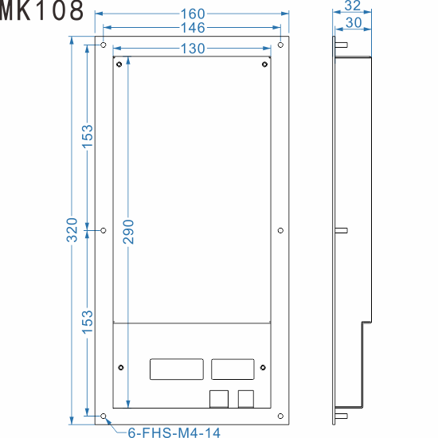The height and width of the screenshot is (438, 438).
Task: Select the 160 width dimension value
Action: coord(192,14)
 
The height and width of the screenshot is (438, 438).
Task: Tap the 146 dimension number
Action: coord(192,28)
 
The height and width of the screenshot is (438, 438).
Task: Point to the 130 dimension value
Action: coord(192,49)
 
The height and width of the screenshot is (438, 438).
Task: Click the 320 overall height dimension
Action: coord(72,230)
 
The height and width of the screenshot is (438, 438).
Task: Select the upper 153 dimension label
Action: coord(88,136)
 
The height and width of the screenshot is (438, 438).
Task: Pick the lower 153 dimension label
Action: coord(88,322)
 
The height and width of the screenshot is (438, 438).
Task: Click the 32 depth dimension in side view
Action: coord(352,6)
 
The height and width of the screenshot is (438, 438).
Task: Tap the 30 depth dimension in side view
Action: coord(354,23)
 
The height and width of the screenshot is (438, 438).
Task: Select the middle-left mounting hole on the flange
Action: coord(104,230)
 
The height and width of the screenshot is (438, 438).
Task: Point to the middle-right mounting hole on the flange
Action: coord(281,230)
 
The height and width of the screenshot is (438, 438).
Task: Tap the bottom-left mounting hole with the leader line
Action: coord(104,416)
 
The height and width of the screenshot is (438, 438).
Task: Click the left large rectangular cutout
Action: coord(174,370)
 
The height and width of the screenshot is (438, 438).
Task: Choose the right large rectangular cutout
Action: coord(233,370)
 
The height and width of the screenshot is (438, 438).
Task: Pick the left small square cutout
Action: coord(217,397)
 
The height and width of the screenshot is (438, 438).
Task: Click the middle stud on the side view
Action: coord(341,230)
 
